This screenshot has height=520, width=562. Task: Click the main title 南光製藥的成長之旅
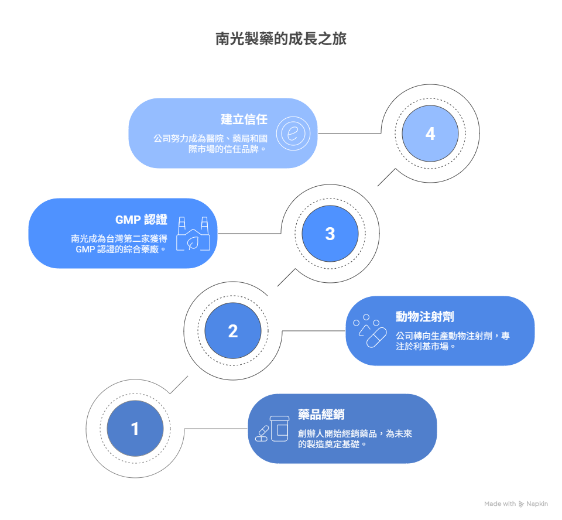click(x=280, y=39)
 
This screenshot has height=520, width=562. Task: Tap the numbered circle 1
click(x=135, y=429)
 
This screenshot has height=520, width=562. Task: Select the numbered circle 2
click(x=233, y=331)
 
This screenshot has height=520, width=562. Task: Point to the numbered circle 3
click(x=330, y=234)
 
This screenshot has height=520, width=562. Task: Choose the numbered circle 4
click(x=430, y=134)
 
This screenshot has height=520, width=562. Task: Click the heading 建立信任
click(x=244, y=119)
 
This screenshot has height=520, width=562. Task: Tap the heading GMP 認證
click(x=141, y=220)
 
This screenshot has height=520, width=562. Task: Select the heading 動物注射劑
click(x=425, y=317)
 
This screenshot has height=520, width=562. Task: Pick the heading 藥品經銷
click(x=321, y=414)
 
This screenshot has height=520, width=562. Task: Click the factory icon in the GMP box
click(x=193, y=234)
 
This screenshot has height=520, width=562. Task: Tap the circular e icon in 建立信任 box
click(x=293, y=134)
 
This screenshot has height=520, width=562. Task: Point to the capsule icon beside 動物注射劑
click(x=370, y=331)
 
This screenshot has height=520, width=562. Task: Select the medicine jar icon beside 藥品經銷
click(x=272, y=429)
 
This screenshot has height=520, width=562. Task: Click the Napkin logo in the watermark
click(x=521, y=504)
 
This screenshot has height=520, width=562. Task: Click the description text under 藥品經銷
click(x=355, y=439)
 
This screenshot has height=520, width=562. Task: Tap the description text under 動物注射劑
click(x=453, y=341)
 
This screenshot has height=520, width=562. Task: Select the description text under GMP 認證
click(x=119, y=244)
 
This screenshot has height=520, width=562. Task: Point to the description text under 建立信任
click(x=210, y=144)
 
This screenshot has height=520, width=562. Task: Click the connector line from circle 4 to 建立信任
click(x=349, y=134)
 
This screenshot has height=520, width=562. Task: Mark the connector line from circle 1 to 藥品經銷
click(x=216, y=429)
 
